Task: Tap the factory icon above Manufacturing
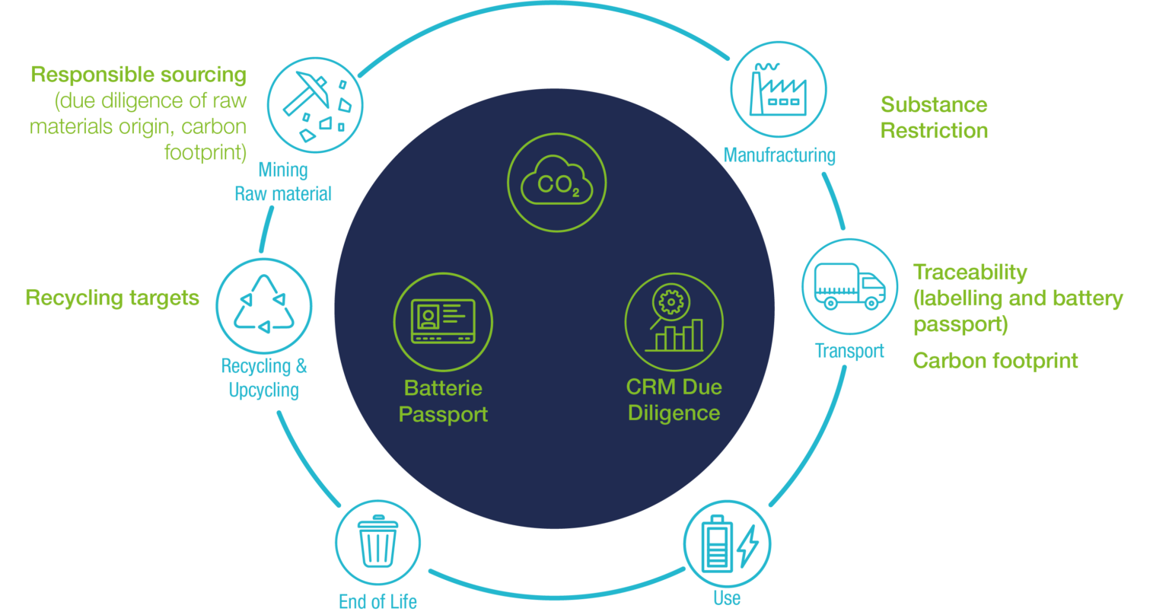coord(779,89)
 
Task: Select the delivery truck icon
coord(849,286)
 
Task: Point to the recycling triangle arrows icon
coord(264,304)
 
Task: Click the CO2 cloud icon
coord(556,183)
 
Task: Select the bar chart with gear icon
coord(674,321)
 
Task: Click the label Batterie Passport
coord(443,401)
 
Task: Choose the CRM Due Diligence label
coord(674,400)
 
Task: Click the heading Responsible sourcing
coord(139,75)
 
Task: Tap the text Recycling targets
coord(113,297)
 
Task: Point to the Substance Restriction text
coord(934,117)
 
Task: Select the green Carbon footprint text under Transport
coord(995,360)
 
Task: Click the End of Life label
coord(377,601)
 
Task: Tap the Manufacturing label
coord(779,155)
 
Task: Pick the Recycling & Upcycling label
coord(264,378)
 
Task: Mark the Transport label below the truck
coord(849,351)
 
